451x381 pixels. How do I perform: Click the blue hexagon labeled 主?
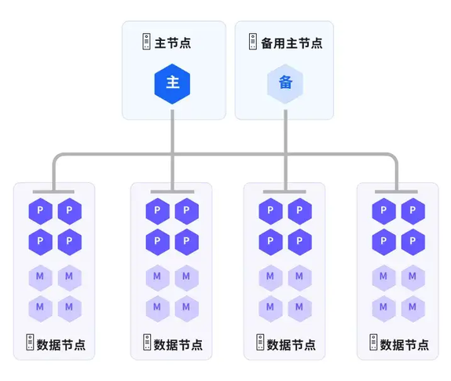172,84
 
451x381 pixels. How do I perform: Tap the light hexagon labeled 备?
285,84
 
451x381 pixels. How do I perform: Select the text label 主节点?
173,43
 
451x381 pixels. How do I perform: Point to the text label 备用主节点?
291,43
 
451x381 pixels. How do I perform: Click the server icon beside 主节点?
146,42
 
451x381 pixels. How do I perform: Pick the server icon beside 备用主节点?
253,42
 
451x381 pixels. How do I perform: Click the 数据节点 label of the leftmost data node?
61,345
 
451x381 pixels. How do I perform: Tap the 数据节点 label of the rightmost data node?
405,345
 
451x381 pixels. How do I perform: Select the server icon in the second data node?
147,343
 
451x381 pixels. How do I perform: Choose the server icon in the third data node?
260,343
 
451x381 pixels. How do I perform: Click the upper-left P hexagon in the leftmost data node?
41,211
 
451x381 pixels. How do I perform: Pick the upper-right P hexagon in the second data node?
187,211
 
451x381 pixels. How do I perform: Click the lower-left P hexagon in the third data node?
270,242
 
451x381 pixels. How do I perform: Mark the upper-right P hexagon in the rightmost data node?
413,211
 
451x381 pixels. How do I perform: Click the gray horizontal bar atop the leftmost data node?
53,192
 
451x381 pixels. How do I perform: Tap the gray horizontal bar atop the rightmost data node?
396,192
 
